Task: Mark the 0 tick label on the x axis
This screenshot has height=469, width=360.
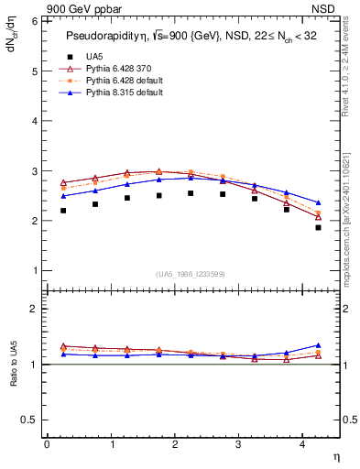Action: tap(47, 443)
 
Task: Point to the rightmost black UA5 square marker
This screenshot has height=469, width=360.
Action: tap(318, 227)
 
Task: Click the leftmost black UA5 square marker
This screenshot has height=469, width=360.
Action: tap(63, 211)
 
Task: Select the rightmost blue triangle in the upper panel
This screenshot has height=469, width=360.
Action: tap(318, 202)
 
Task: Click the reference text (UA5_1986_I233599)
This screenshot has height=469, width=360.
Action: tap(191, 275)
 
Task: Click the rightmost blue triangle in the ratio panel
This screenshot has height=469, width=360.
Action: tap(318, 345)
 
